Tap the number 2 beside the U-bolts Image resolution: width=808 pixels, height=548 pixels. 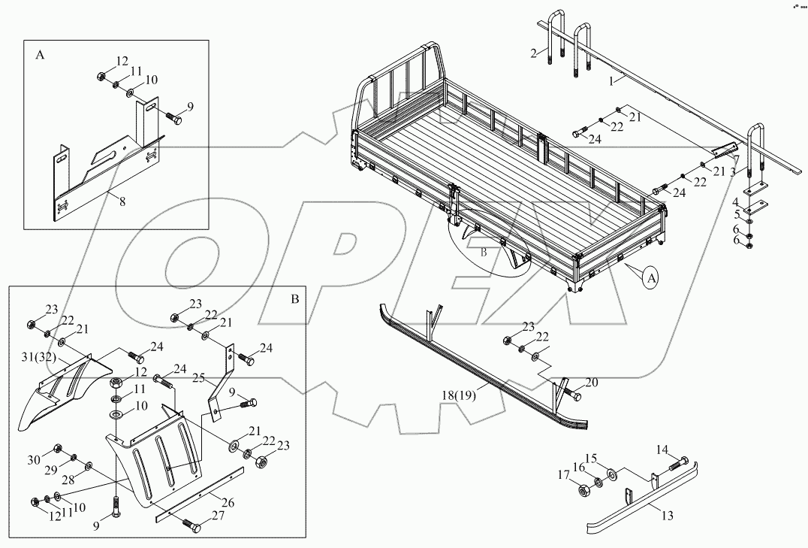533,53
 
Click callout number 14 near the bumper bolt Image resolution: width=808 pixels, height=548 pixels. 662,450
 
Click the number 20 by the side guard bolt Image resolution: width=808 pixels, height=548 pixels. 592,383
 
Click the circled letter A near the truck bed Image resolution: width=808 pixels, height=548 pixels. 651,277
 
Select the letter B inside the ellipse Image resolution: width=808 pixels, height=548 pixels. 484,253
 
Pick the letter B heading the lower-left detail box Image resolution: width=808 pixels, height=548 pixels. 294,298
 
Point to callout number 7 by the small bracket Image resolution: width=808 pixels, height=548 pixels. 737,159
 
